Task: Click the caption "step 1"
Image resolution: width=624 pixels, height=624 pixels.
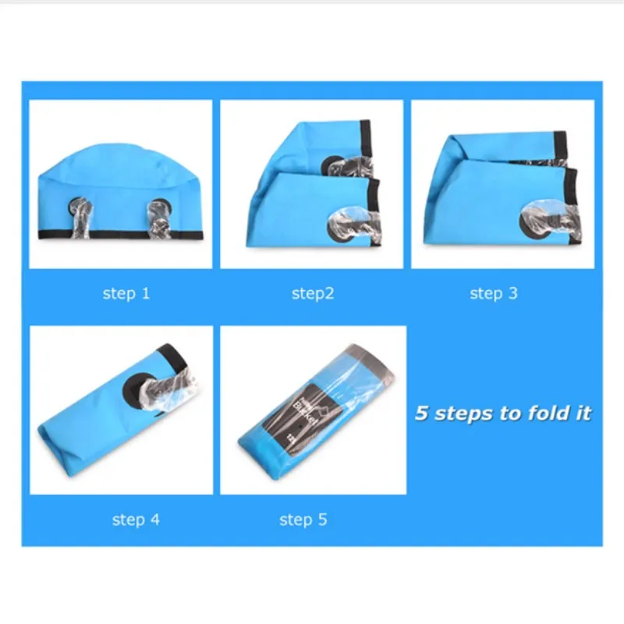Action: coord(126,294)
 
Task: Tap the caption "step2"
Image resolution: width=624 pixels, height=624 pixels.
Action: coord(313,294)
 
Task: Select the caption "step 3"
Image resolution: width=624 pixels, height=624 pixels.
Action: coord(493,294)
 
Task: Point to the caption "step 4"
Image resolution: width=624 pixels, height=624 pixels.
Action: coord(135,519)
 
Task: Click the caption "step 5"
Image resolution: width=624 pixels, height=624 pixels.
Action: coord(303,519)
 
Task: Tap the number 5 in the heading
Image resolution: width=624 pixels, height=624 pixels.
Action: coord(421,413)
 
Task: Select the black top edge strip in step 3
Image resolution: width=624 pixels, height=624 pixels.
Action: coord(559,144)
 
